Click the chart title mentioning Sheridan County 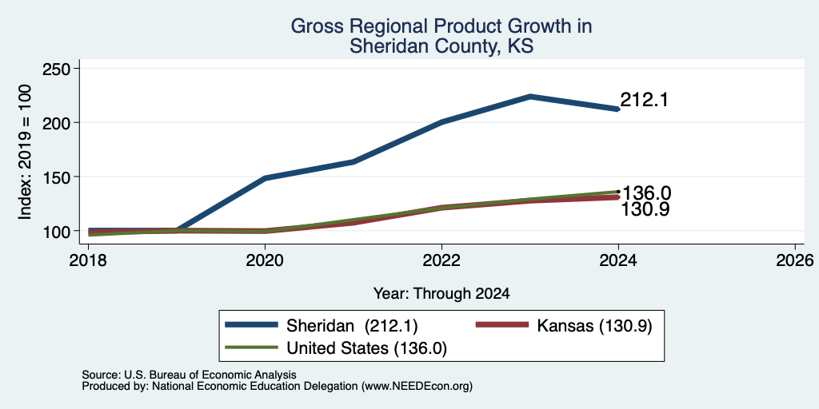point(441,35)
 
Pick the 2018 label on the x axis point(88,260)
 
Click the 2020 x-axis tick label point(265,260)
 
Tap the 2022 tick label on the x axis point(441,260)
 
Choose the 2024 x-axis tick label point(618,260)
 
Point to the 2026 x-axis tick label point(795,260)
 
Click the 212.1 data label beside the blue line point(645,100)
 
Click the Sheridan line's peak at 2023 point(530,97)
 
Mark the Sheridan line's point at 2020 point(265,178)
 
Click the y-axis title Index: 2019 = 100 point(25,152)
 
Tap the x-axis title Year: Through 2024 point(441,294)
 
